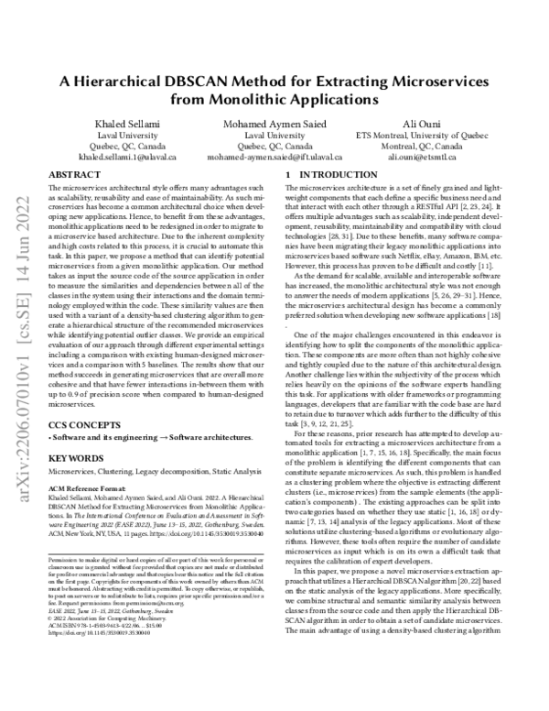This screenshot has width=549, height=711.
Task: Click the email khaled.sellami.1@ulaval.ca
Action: coord(113,157)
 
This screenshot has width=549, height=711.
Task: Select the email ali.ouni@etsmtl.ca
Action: coord(435,157)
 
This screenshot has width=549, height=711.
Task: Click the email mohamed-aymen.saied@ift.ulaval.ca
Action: coord(274,157)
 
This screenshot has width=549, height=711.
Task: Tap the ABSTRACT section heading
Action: coord(74,173)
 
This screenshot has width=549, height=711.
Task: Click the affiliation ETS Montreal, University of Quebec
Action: coord(435,133)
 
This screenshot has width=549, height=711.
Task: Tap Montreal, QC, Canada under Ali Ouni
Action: coord(435,145)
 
